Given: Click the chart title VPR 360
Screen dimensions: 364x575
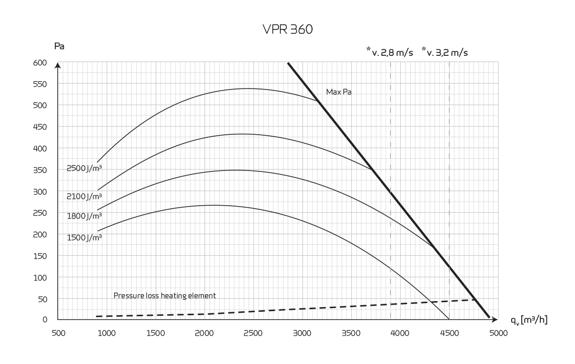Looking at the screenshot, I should [287, 30].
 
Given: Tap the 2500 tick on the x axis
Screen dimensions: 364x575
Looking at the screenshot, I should [253, 333].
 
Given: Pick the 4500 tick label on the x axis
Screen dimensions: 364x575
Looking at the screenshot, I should [449, 333].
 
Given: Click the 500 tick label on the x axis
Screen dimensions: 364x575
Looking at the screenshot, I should [58, 333].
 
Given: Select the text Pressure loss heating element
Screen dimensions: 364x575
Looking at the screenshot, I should [165, 296].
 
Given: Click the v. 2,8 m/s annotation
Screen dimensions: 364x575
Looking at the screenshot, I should [390, 51].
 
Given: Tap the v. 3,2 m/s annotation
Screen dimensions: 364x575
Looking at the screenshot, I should [445, 51].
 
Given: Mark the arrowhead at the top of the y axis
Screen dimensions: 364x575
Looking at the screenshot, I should [58, 65].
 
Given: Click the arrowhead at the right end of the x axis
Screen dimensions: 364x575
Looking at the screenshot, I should [495, 319].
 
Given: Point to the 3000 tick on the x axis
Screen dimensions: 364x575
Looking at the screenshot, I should [302, 333].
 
